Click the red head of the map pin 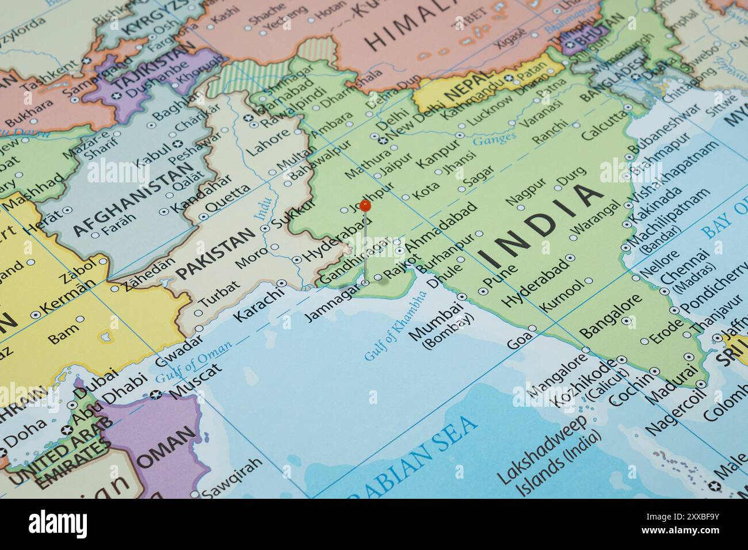pyautogui.click(x=365, y=205)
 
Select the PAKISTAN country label pyautogui.click(x=215, y=254)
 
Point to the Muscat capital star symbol pyautogui.click(x=155, y=395)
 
